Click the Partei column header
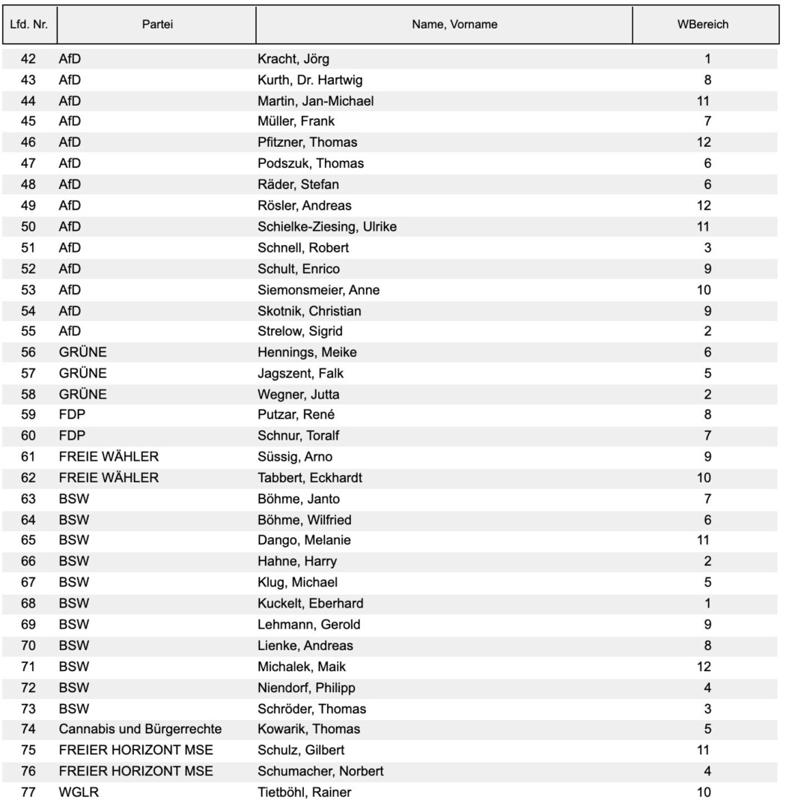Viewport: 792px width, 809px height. [157, 25]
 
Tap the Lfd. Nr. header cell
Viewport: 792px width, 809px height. [29, 25]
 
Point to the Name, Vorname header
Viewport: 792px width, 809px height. [454, 25]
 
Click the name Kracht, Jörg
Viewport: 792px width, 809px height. [293, 58]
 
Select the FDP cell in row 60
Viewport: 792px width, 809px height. [72, 436]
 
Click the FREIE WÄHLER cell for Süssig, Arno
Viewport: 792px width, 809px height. [109, 457]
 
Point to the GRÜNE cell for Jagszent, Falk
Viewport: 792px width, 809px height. [82, 373]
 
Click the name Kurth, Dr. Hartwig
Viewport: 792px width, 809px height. [311, 79]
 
